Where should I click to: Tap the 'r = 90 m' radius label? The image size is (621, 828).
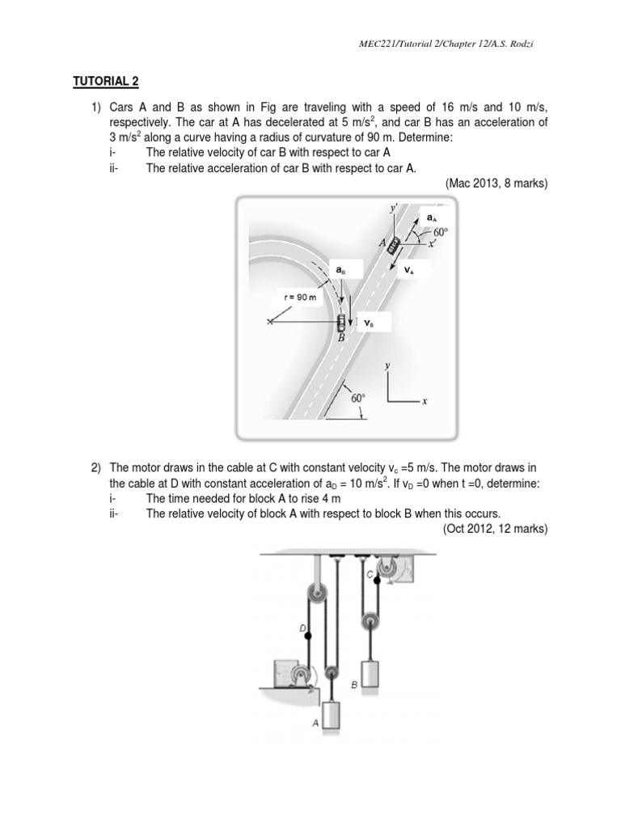tap(300, 298)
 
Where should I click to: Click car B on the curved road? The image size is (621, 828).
tap(341, 323)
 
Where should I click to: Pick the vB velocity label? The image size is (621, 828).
tap(368, 323)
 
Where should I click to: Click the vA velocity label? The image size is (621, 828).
tap(408, 271)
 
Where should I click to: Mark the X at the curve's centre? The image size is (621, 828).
tap(270, 323)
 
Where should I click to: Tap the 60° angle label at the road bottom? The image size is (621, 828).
tap(358, 397)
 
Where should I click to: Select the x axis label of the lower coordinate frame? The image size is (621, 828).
tap(425, 401)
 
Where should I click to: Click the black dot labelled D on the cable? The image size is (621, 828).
tap(308, 637)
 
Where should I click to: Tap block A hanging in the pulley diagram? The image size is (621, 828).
tap(332, 716)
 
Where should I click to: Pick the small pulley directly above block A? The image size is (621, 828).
tap(331, 672)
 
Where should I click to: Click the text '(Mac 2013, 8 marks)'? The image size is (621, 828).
tap(496, 184)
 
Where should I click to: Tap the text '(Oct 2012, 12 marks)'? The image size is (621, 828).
tap(495, 529)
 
